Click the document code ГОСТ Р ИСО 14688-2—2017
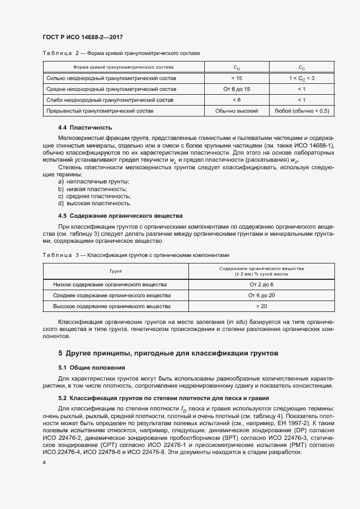[x=82, y=37]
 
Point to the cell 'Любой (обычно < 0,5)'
[x=302, y=111]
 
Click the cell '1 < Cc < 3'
[x=302, y=78]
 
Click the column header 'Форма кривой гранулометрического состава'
[x=123, y=68]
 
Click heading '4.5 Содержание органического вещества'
[x=120, y=216]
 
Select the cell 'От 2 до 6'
[x=261, y=284]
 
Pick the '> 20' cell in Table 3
[x=261, y=306]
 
